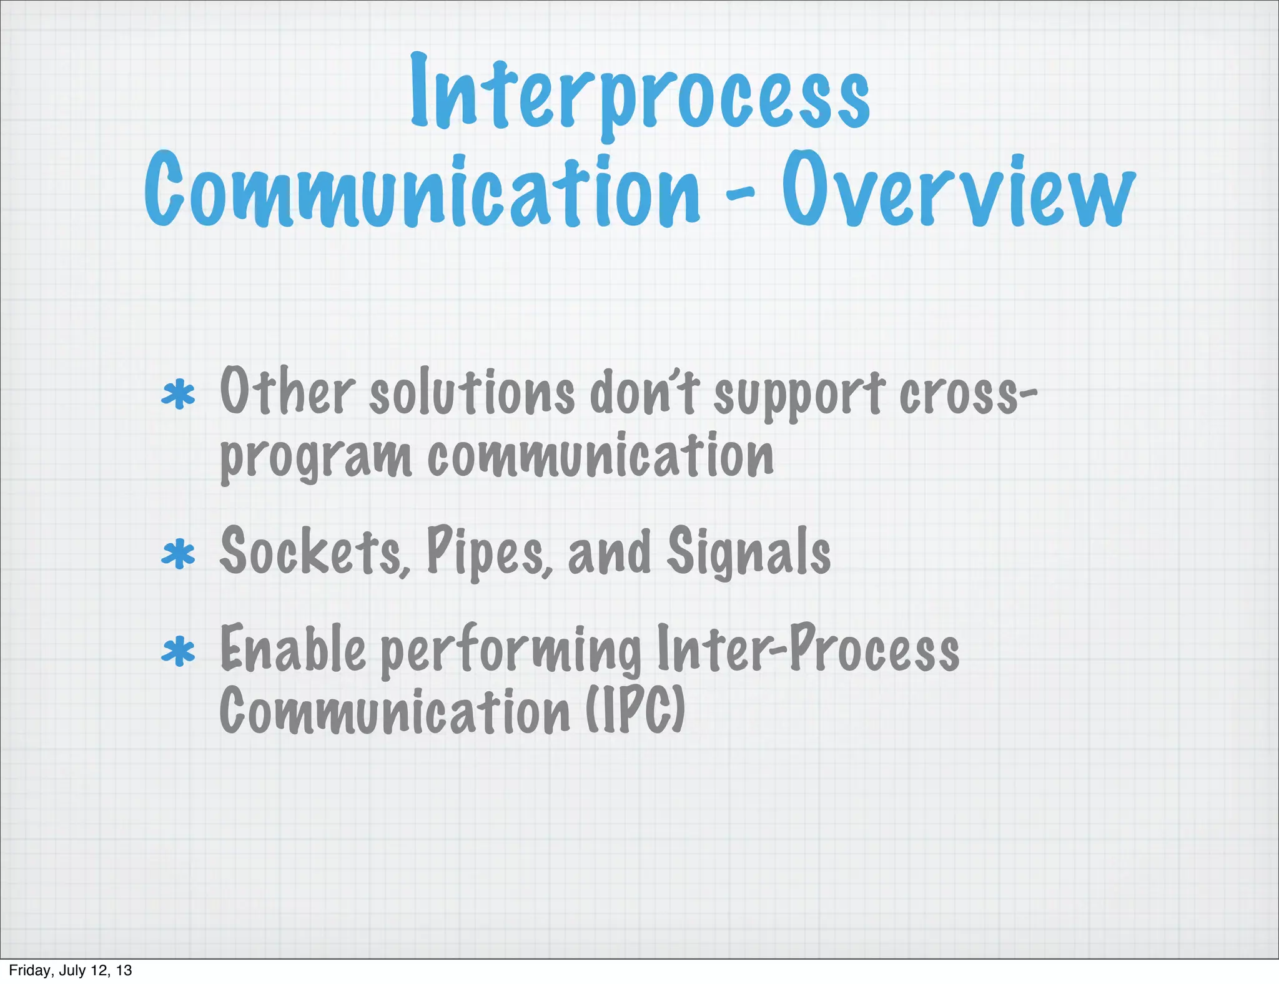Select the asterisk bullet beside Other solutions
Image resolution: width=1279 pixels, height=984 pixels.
pos(178,395)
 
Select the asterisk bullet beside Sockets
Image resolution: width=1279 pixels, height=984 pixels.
pos(178,554)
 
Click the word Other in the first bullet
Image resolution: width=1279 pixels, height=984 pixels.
pos(287,392)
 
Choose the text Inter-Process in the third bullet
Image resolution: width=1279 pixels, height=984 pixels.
pos(807,649)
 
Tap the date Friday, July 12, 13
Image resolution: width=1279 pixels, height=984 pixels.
pos(71,970)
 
